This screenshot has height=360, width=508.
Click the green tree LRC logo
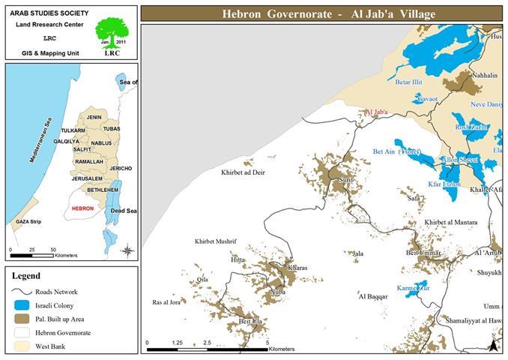point(112,34)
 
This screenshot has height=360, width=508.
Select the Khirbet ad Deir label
point(243,172)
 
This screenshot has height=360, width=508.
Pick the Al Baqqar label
point(373,297)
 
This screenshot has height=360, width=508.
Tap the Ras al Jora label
point(167,302)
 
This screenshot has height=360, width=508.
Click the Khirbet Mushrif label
point(215,241)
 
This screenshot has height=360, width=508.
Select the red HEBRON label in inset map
point(82,208)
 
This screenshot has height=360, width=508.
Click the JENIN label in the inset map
point(94,118)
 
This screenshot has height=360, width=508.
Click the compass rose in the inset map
point(127,250)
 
